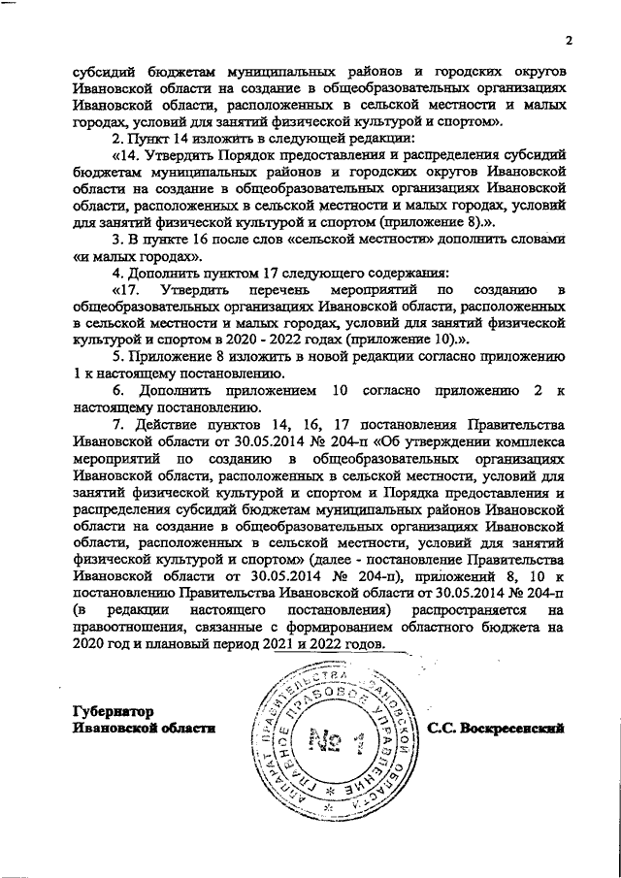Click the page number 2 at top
[x=570, y=40]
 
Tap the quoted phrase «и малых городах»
[x=138, y=257]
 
